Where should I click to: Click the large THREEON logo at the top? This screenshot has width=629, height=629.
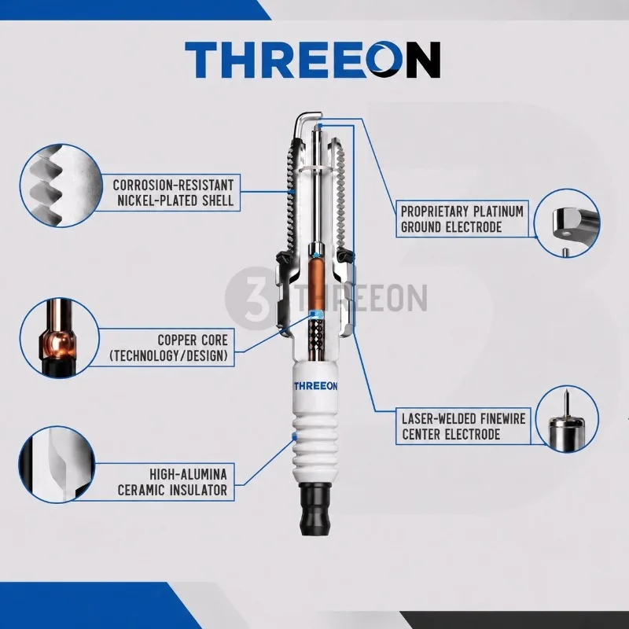312,60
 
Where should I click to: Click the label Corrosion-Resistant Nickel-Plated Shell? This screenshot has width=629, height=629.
173,193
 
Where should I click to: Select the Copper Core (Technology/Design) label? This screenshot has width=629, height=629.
168,348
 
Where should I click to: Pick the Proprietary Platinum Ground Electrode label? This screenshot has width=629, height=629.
462,219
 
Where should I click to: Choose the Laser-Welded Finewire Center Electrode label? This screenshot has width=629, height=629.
463,426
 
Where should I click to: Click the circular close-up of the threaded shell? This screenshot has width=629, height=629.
61,186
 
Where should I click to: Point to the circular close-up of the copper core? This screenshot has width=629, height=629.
60,337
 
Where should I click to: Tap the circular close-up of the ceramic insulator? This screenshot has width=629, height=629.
57,464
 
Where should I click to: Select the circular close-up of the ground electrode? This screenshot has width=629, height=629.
567,223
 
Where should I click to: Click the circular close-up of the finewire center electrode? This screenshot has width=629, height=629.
567,419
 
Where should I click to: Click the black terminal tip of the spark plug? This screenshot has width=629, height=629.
315,509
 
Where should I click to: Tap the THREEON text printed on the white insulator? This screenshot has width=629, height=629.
315,386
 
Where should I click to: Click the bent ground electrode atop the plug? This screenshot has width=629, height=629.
306,123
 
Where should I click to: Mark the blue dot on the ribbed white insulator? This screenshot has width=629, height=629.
294,436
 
